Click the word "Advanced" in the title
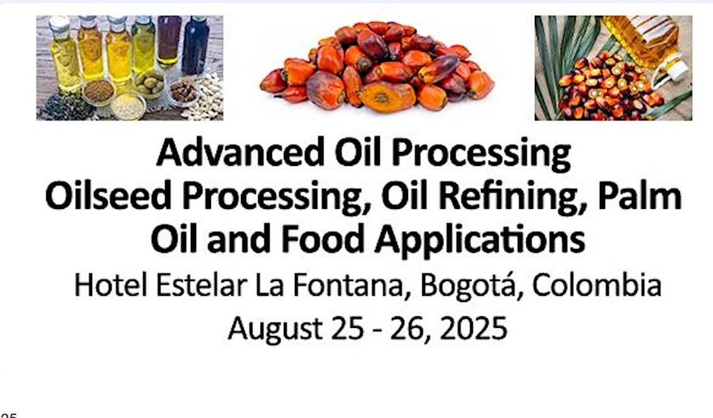240,153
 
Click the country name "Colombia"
597,285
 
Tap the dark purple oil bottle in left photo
169,41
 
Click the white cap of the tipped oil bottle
675,68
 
